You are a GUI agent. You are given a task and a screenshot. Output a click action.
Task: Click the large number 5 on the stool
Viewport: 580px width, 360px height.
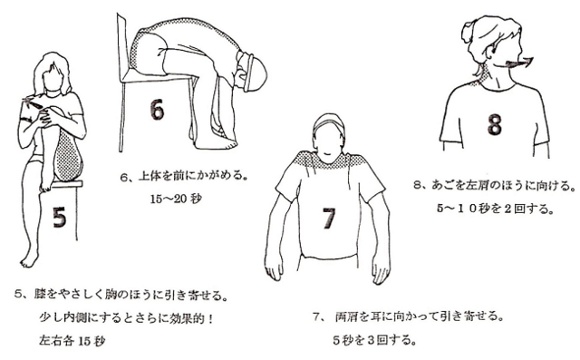(59, 217)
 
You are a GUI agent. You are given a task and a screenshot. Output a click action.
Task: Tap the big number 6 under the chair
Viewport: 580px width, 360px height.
(157, 109)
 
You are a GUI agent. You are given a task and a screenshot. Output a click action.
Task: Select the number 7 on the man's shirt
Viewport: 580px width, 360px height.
(328, 219)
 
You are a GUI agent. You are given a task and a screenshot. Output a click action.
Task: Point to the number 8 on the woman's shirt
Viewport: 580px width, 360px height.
(495, 124)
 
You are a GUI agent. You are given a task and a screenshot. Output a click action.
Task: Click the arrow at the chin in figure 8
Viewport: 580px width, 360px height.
(514, 63)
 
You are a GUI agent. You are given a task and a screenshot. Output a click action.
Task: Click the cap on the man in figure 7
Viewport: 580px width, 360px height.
(328, 123)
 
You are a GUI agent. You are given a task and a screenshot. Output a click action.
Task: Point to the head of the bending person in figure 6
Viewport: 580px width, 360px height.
(253, 72)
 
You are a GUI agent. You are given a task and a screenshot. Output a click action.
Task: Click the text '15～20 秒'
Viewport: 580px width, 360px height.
(176, 199)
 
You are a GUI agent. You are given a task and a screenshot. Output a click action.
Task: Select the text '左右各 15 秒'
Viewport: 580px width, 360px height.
(72, 340)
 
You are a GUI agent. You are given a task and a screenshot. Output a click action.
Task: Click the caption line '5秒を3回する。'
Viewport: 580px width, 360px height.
(374, 340)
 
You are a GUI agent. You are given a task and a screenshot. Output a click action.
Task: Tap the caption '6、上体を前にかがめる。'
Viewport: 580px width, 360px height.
(184, 176)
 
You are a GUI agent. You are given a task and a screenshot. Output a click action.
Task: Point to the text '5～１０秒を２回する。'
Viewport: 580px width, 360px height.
(496, 209)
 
